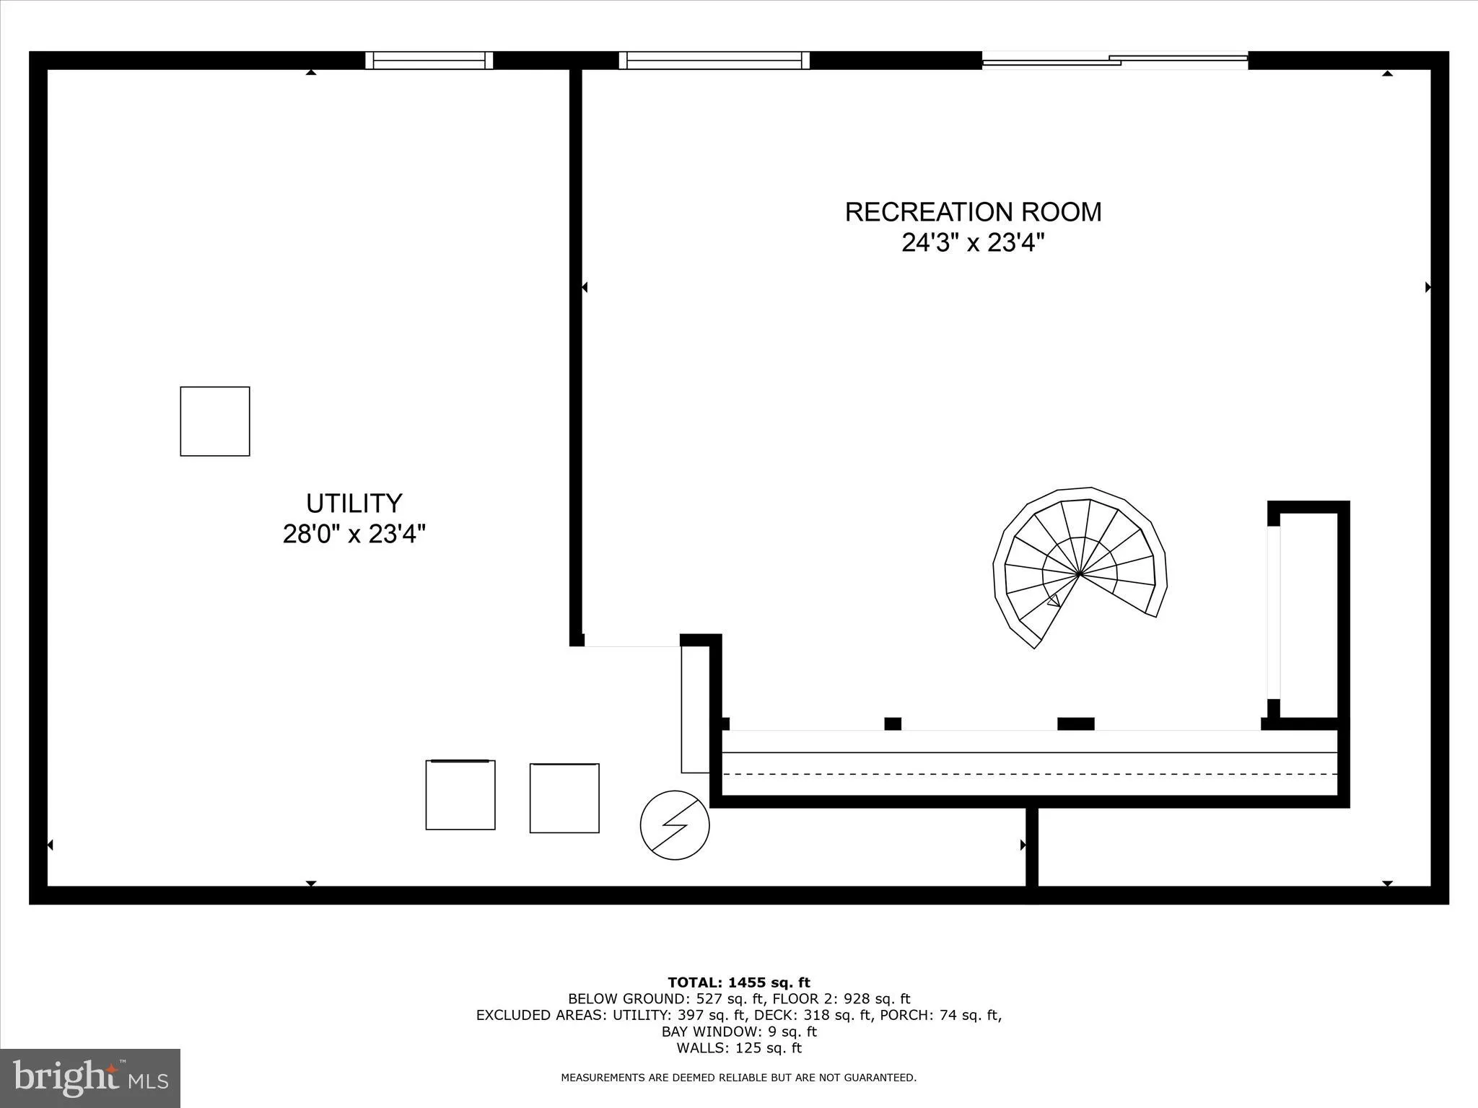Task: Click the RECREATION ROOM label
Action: (973, 212)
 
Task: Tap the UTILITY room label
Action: (354, 503)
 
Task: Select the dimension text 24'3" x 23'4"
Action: (973, 243)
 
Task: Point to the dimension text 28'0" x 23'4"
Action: (354, 535)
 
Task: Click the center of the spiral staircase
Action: (1079, 574)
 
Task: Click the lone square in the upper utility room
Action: (215, 421)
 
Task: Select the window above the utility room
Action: (429, 61)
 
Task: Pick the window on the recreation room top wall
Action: (714, 61)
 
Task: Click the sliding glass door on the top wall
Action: (1115, 61)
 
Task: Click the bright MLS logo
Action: (90, 1078)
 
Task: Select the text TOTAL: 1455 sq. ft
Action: (738, 982)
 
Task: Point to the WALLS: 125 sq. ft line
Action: (738, 1048)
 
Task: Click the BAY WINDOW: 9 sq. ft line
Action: (738, 1032)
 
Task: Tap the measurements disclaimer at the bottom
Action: (738, 1078)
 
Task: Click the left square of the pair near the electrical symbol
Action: (460, 795)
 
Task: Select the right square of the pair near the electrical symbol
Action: (564, 798)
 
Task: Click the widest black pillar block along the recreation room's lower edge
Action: (1075, 724)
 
